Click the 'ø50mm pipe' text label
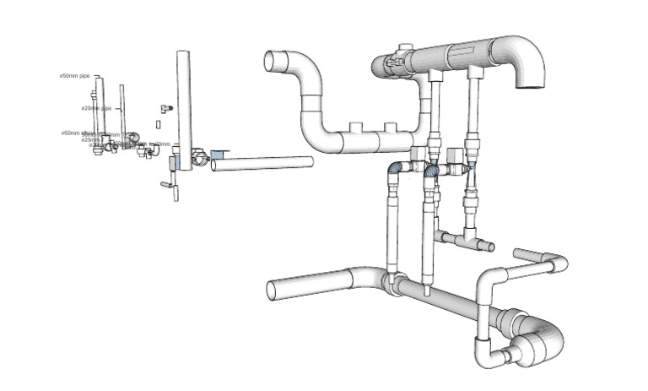(x=74, y=76)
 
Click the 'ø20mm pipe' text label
(x=96, y=108)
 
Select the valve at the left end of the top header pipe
(x=394, y=62)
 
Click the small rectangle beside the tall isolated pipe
(x=157, y=124)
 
